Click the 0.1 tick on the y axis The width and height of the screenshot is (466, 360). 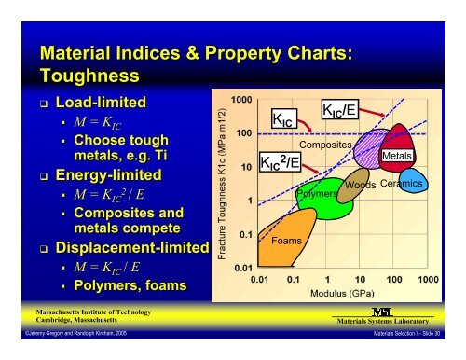[x=244, y=234]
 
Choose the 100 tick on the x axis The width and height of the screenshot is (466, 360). [x=395, y=279]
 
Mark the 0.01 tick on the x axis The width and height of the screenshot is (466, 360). [x=262, y=279]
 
